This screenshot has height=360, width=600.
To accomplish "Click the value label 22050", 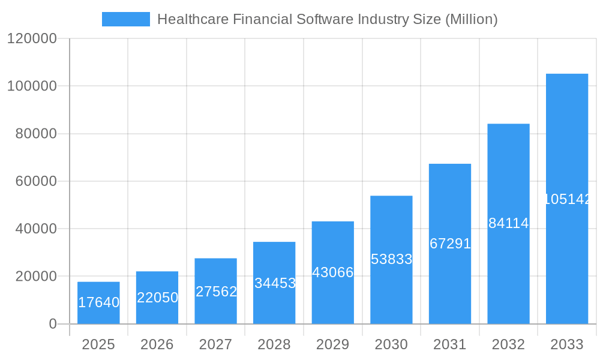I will [157, 298].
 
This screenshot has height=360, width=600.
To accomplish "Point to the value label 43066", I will [333, 272].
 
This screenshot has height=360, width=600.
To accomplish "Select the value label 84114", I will [509, 223].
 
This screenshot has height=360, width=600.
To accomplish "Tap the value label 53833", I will [391, 259].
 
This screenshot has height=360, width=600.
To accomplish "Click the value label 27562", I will [216, 292].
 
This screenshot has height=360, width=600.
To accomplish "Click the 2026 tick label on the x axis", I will [157, 345].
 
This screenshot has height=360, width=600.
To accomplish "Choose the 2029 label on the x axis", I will [333, 345].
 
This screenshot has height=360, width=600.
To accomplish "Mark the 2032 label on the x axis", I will [509, 345].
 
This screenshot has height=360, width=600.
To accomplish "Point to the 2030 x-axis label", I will [391, 345].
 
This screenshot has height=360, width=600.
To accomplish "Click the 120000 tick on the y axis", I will [32, 39].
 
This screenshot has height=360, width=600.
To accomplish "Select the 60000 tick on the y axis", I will [35, 181].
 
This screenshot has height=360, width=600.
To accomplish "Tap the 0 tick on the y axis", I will [53, 324].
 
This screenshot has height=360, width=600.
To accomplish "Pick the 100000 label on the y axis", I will [32, 86].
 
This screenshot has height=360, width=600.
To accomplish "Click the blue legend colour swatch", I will [126, 19].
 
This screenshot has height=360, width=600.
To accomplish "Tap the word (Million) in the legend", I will [472, 20].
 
